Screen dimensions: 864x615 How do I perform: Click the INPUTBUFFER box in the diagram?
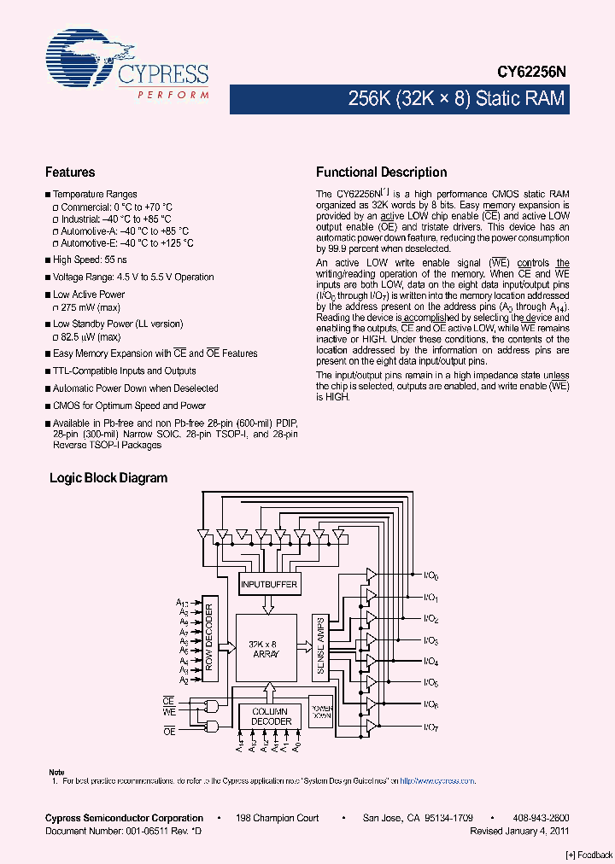tap(269, 584)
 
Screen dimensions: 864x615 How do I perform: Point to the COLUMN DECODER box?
tap(269, 716)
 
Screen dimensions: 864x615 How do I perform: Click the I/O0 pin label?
tap(431, 575)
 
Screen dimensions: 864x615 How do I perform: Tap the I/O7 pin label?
tap(431, 727)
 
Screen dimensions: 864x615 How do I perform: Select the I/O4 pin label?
tap(431, 662)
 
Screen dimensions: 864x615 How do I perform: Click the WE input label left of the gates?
tap(169, 711)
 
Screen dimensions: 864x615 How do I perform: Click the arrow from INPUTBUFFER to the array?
tap(269, 604)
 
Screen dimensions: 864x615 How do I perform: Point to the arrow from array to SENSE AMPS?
tap(307, 647)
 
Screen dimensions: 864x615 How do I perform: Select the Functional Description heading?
tap(381, 172)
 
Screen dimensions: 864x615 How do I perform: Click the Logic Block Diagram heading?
tap(108, 478)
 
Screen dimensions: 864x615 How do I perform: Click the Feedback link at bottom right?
tap(589, 855)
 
